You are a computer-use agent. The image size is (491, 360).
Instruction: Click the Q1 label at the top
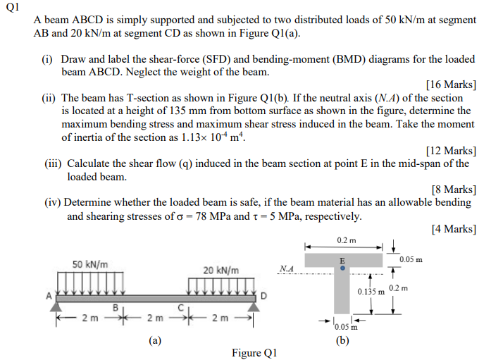[x=12, y=8]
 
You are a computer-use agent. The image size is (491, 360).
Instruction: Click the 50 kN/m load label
[x=90, y=264]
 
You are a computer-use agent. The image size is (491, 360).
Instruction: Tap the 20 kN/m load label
[x=220, y=270]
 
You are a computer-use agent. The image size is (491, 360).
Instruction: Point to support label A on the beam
[x=49, y=297]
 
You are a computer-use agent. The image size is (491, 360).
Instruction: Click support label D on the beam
[x=263, y=296]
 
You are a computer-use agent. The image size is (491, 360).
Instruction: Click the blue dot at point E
[x=342, y=268]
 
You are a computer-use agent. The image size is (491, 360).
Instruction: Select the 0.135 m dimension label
[x=371, y=291]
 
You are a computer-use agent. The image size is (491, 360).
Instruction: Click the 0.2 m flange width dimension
[x=346, y=240]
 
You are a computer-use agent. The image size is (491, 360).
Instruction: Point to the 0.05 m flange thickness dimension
[x=411, y=259]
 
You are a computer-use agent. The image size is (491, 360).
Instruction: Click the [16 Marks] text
[x=451, y=85]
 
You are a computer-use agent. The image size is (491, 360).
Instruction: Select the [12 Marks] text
[x=451, y=150]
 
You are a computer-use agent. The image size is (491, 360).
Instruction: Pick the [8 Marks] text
[x=454, y=189]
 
